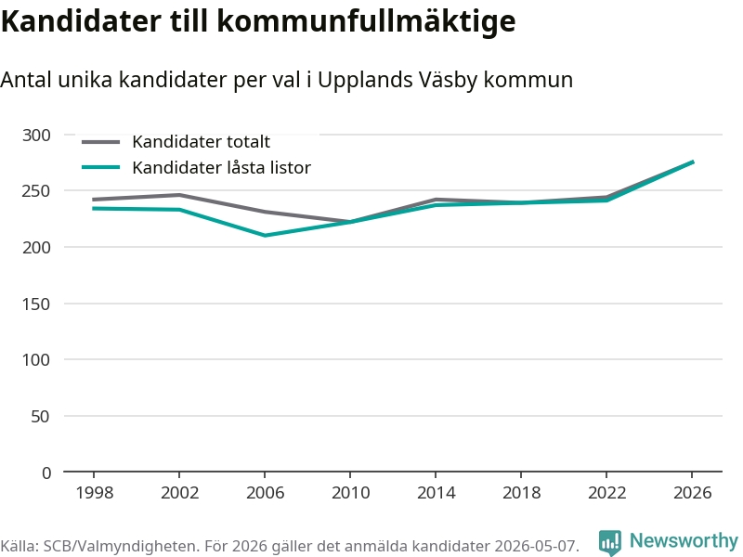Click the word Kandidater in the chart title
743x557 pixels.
click(x=81, y=20)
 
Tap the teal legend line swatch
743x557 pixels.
click(x=100, y=167)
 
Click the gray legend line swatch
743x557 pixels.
click(x=100, y=142)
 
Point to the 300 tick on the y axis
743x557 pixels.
click(x=36, y=136)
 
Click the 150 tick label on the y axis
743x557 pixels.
click(x=36, y=304)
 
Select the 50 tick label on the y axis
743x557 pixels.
click(x=40, y=417)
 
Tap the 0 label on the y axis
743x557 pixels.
click(x=46, y=473)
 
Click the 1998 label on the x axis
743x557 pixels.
click(x=95, y=493)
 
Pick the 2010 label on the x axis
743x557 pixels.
click(x=350, y=493)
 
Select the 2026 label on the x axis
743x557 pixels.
click(x=692, y=493)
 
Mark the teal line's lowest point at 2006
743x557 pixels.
click(x=265, y=236)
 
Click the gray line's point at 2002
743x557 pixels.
click(x=179, y=195)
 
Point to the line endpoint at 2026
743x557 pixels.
click(x=693, y=162)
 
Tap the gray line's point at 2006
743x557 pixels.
click(x=265, y=212)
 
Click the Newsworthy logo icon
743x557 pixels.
click(x=610, y=542)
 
